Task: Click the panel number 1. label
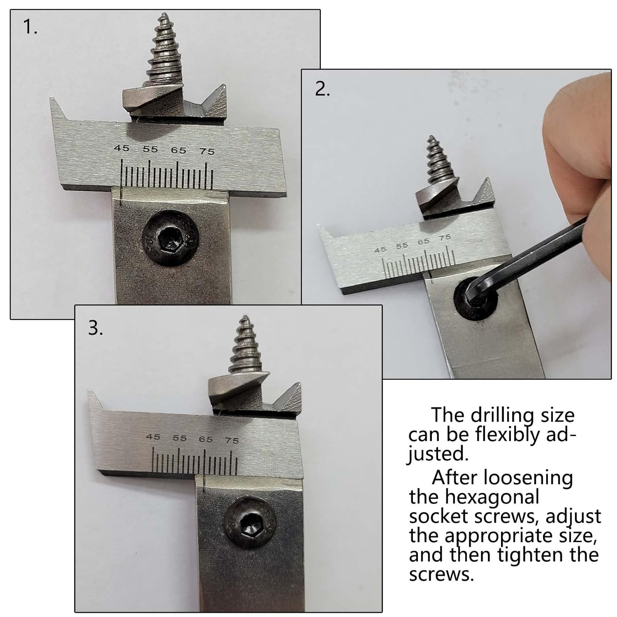(x=30, y=27)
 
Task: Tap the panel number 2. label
(x=322, y=89)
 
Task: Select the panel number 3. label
(x=95, y=328)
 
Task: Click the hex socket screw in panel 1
(x=170, y=241)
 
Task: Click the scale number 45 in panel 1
(x=121, y=148)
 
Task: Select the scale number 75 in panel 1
(x=207, y=151)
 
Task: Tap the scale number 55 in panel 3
(x=179, y=438)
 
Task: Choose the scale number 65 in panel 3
(x=206, y=439)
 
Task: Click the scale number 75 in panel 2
(x=445, y=237)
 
